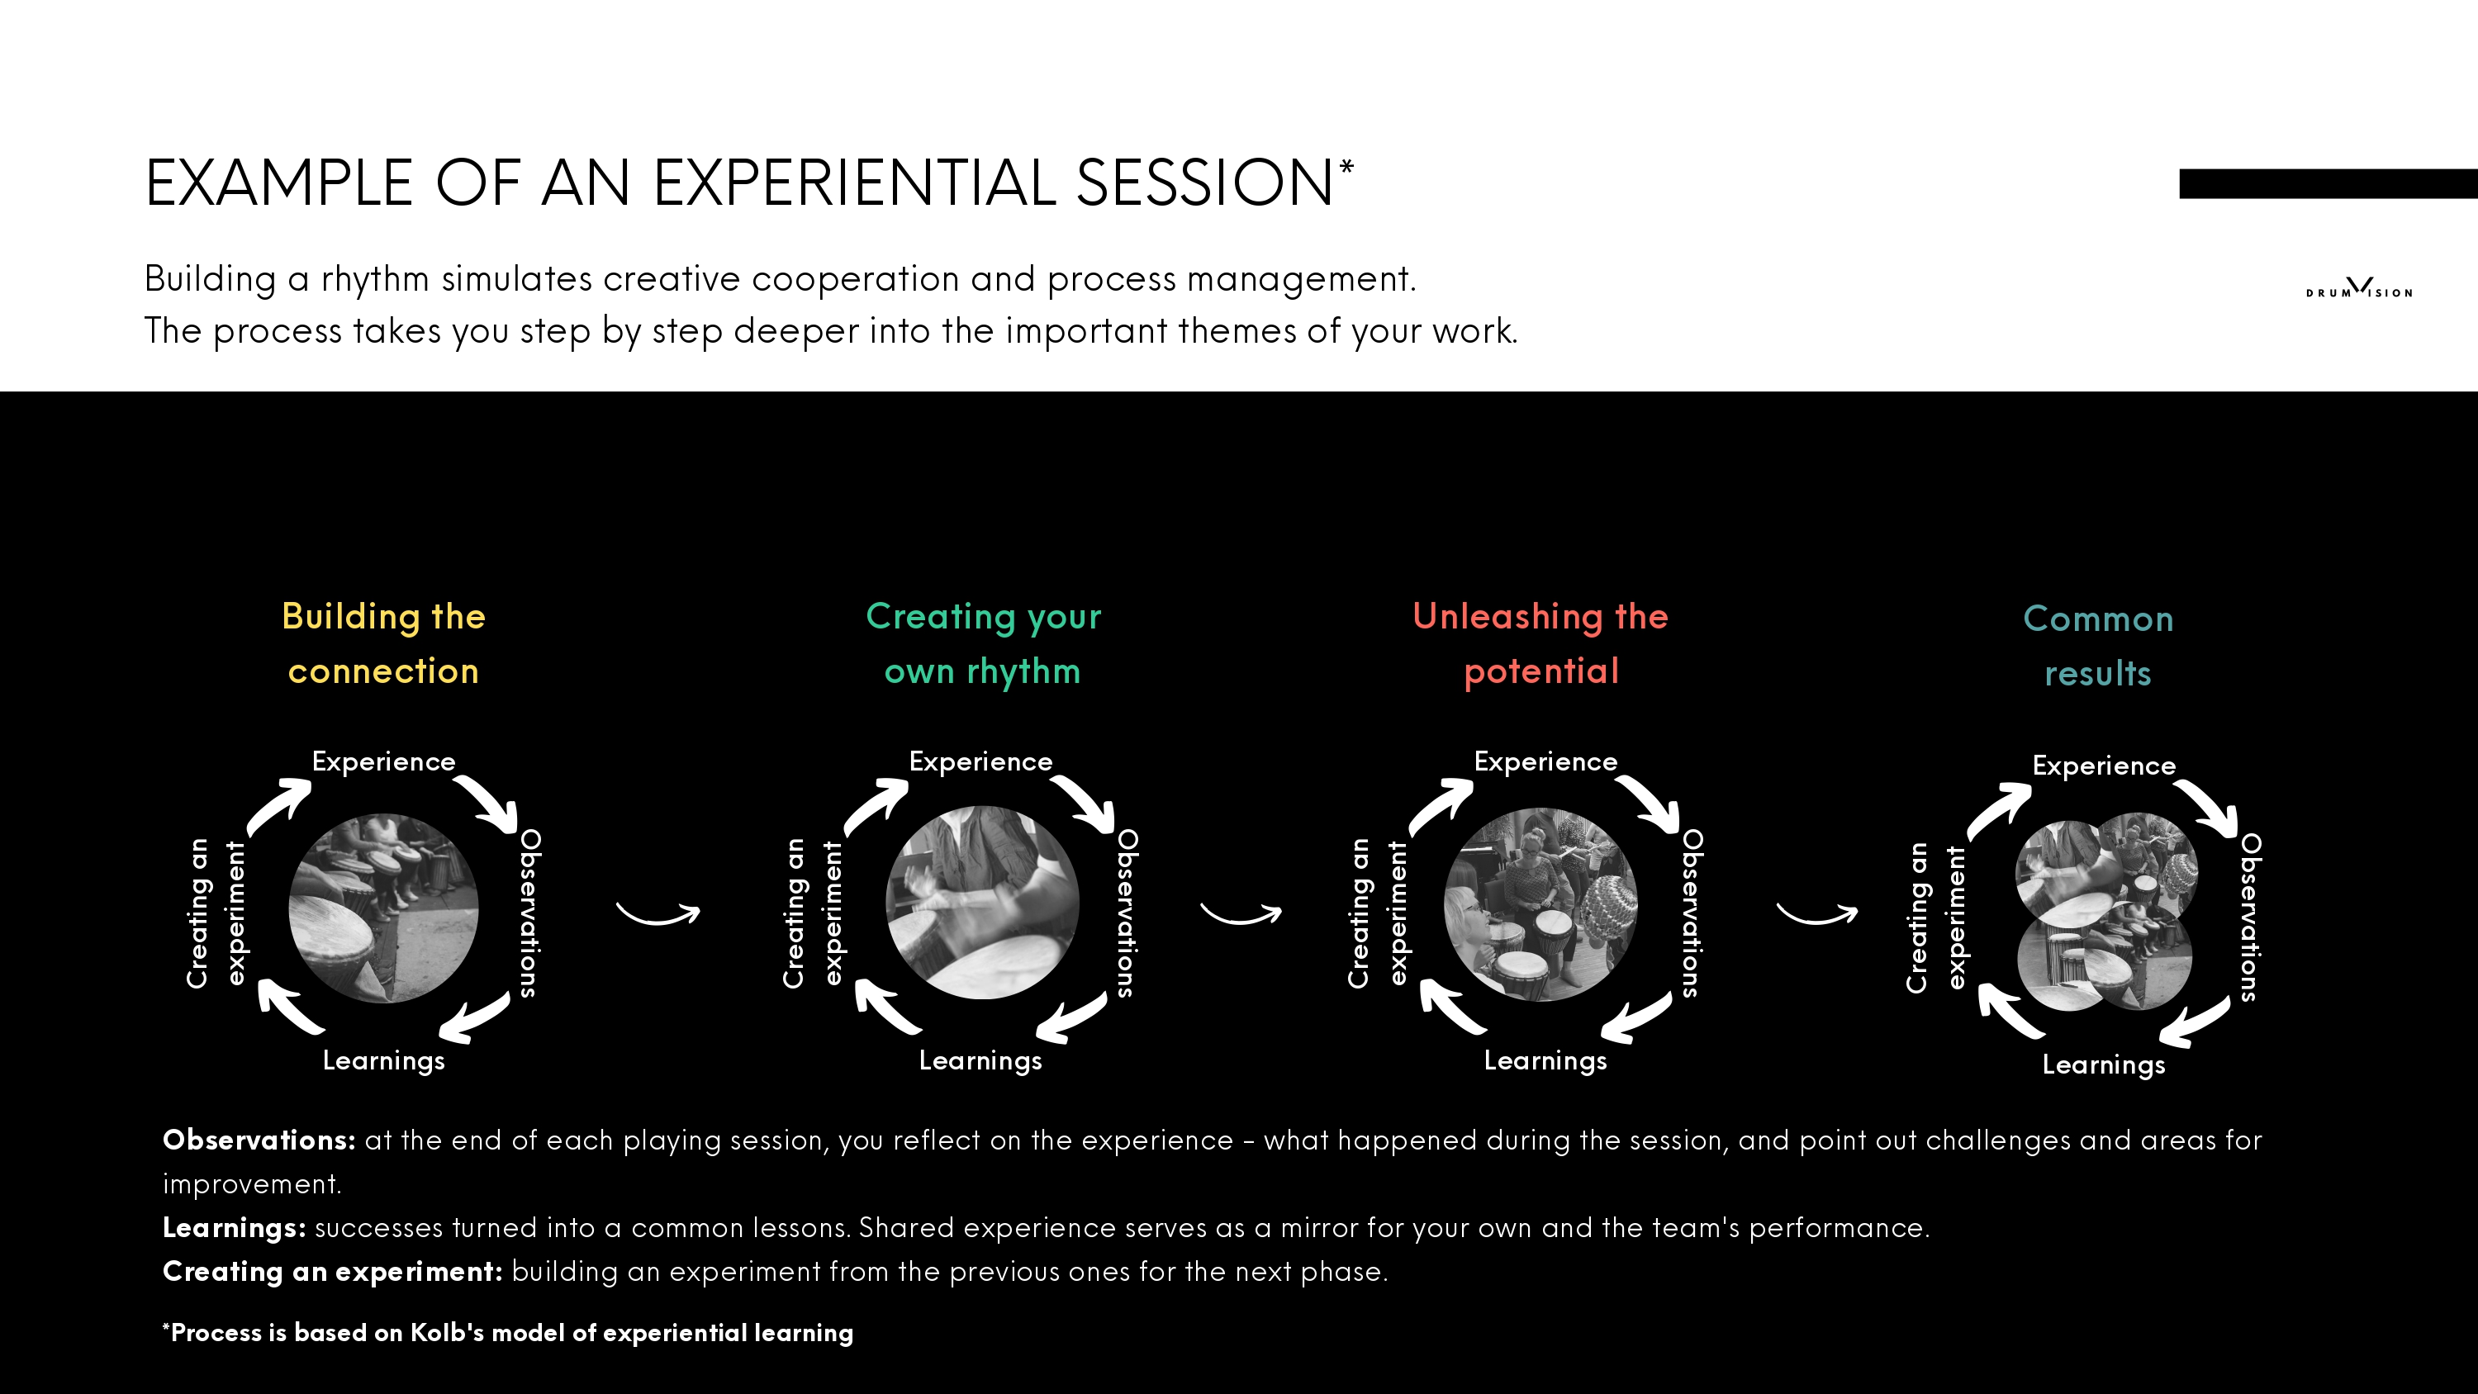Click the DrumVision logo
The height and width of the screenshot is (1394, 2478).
[x=2359, y=287]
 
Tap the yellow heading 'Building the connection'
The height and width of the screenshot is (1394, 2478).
[x=383, y=642]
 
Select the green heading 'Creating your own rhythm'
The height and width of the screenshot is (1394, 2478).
[x=983, y=642]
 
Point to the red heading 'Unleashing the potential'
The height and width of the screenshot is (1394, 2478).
[x=1541, y=642]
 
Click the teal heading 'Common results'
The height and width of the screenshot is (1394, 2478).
[x=2098, y=646]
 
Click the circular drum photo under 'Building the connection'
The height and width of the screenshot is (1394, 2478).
[x=384, y=908]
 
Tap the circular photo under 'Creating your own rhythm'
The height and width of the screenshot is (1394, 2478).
[x=982, y=903]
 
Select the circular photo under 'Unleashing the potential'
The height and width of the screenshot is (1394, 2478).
[x=1541, y=904]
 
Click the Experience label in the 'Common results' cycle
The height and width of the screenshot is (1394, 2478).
[x=2104, y=766]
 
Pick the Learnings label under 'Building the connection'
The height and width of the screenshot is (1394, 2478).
[x=384, y=1061]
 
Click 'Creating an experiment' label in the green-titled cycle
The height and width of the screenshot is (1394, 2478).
[x=813, y=914]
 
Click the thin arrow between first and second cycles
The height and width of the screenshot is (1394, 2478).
[x=658, y=915]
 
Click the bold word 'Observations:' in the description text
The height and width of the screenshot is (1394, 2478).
[x=259, y=1140]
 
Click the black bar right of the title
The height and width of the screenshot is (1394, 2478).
[x=2328, y=184]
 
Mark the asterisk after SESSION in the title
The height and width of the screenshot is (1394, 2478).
[x=1346, y=168]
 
